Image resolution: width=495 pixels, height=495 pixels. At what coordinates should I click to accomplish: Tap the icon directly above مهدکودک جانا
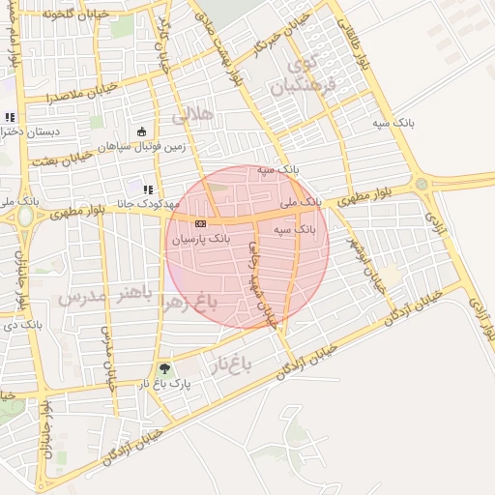148,189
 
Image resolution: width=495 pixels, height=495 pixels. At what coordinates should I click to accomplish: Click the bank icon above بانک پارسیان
200,223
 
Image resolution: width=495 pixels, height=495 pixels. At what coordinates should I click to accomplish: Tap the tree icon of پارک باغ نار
163,368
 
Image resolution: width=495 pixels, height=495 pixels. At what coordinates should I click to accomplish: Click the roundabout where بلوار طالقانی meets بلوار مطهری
421,184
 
